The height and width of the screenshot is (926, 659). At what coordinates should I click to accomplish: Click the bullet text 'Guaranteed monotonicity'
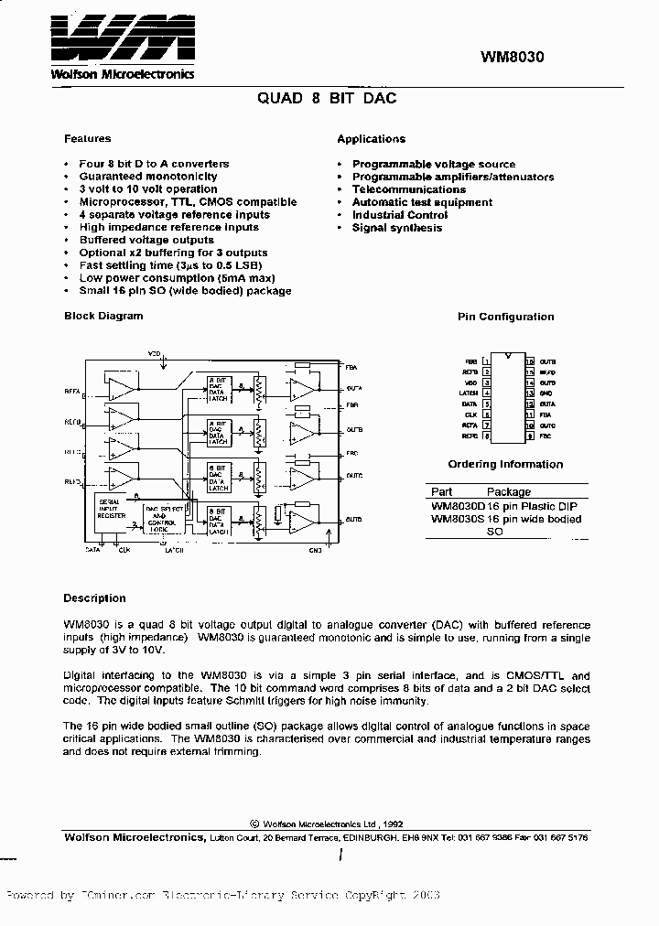pyautogui.click(x=148, y=177)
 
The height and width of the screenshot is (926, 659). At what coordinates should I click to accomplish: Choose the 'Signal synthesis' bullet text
pyautogui.click(x=396, y=228)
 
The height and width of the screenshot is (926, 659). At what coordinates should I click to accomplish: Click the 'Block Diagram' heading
pyautogui.click(x=103, y=316)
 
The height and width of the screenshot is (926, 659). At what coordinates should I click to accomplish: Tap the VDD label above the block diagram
pyautogui.click(x=154, y=351)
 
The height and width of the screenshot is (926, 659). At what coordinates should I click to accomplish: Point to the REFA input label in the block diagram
pyautogui.click(x=72, y=391)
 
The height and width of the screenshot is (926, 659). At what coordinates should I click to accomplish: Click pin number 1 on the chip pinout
pyautogui.click(x=487, y=362)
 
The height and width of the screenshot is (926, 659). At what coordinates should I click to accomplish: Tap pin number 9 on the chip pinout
pyautogui.click(x=530, y=436)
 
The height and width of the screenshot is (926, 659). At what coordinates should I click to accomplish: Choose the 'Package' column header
pyautogui.click(x=509, y=491)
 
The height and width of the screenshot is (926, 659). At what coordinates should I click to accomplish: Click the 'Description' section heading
pyautogui.click(x=94, y=598)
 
